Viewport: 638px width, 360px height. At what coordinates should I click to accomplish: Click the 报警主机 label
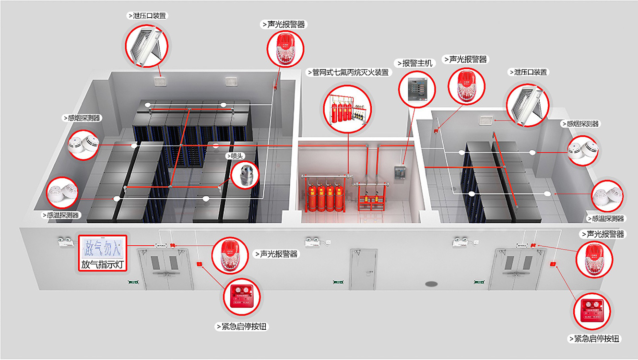415,63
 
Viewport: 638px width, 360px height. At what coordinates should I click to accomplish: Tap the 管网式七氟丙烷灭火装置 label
348,73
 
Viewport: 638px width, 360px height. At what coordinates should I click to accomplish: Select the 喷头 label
236,156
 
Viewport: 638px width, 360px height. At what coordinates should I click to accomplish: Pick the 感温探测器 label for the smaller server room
606,218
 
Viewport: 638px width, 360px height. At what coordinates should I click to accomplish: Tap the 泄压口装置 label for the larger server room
148,15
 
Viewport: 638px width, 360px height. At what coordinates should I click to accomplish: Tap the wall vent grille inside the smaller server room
485,120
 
